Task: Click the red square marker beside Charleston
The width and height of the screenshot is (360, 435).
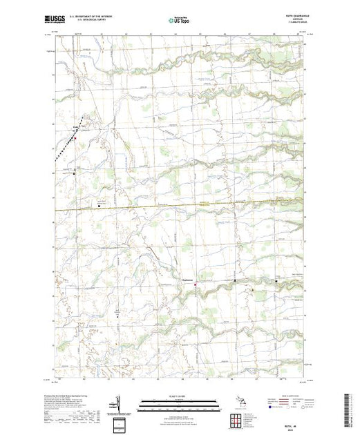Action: click(195, 284)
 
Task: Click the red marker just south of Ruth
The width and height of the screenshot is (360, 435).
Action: click(75, 136)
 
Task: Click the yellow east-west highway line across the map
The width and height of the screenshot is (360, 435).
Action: click(207, 202)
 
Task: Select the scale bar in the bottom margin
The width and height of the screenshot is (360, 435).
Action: click(178, 403)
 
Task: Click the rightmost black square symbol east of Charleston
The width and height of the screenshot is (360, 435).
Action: click(277, 282)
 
